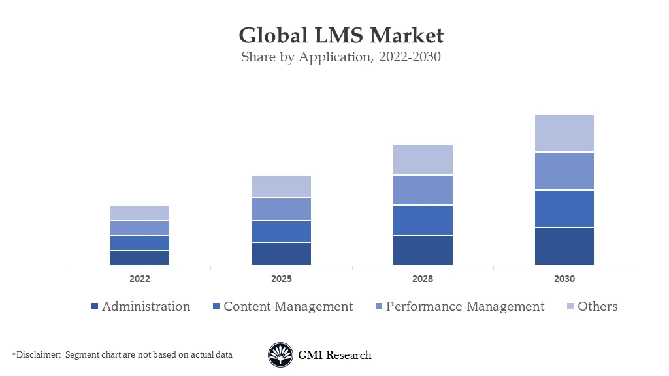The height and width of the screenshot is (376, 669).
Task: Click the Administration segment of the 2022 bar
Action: click(140, 258)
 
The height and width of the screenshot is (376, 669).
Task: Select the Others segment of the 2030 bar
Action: click(564, 133)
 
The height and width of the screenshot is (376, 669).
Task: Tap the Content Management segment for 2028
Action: click(423, 220)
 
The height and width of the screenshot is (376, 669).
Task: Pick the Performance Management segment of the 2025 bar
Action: click(282, 209)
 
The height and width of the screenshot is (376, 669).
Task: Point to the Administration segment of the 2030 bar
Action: click(564, 246)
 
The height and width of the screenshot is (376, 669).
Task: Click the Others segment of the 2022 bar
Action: click(140, 213)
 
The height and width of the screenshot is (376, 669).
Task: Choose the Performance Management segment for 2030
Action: click(564, 171)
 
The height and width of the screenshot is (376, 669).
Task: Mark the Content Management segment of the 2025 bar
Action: click(282, 232)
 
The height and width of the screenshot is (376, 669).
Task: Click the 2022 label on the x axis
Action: click(140, 279)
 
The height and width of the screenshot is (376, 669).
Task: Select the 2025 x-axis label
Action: click(282, 279)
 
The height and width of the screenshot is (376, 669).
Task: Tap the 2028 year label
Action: click(423, 279)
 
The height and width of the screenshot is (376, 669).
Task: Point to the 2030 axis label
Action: click(564, 279)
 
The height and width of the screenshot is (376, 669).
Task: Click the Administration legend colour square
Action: click(94, 307)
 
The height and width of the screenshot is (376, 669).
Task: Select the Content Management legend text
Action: click(288, 306)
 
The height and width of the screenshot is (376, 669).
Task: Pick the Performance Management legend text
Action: click(465, 306)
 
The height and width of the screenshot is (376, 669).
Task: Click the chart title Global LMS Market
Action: click(340, 35)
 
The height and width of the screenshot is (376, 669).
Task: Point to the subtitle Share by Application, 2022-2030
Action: click(340, 57)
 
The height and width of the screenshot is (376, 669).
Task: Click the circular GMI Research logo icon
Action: click(280, 355)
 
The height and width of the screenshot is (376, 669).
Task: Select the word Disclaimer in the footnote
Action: click(37, 354)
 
